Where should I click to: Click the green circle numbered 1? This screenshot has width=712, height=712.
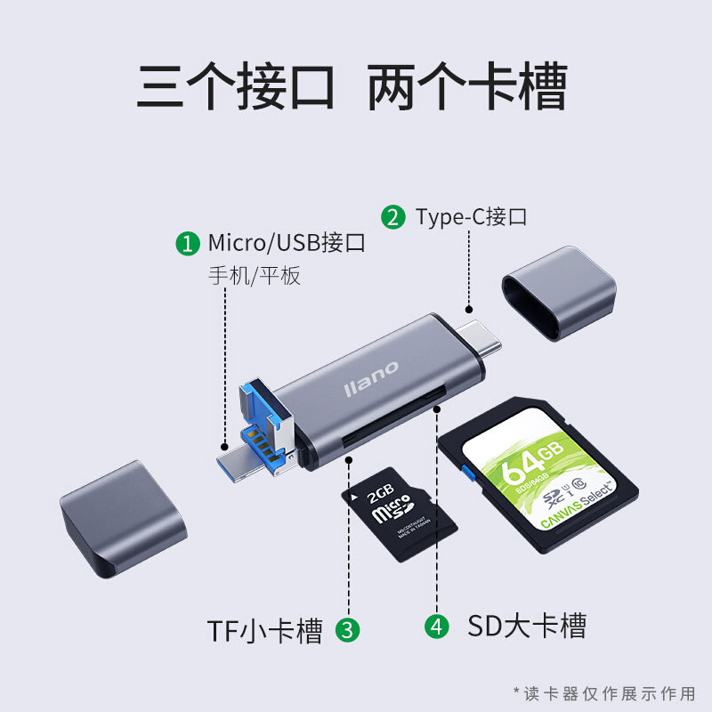tap(187, 244)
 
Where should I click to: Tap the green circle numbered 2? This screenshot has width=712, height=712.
tap(392, 217)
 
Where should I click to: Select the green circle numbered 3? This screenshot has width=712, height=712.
tap(348, 630)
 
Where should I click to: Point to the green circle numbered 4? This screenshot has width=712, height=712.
tap(435, 626)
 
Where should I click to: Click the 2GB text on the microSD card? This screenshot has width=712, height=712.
tap(379, 492)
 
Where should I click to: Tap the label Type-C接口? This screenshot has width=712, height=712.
tap(472, 217)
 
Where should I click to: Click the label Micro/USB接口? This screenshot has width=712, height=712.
tap(287, 243)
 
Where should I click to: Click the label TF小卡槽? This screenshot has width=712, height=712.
tap(264, 630)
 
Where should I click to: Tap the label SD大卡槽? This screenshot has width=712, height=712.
tap(527, 626)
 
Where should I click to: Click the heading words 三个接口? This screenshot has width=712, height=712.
tap(235, 87)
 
